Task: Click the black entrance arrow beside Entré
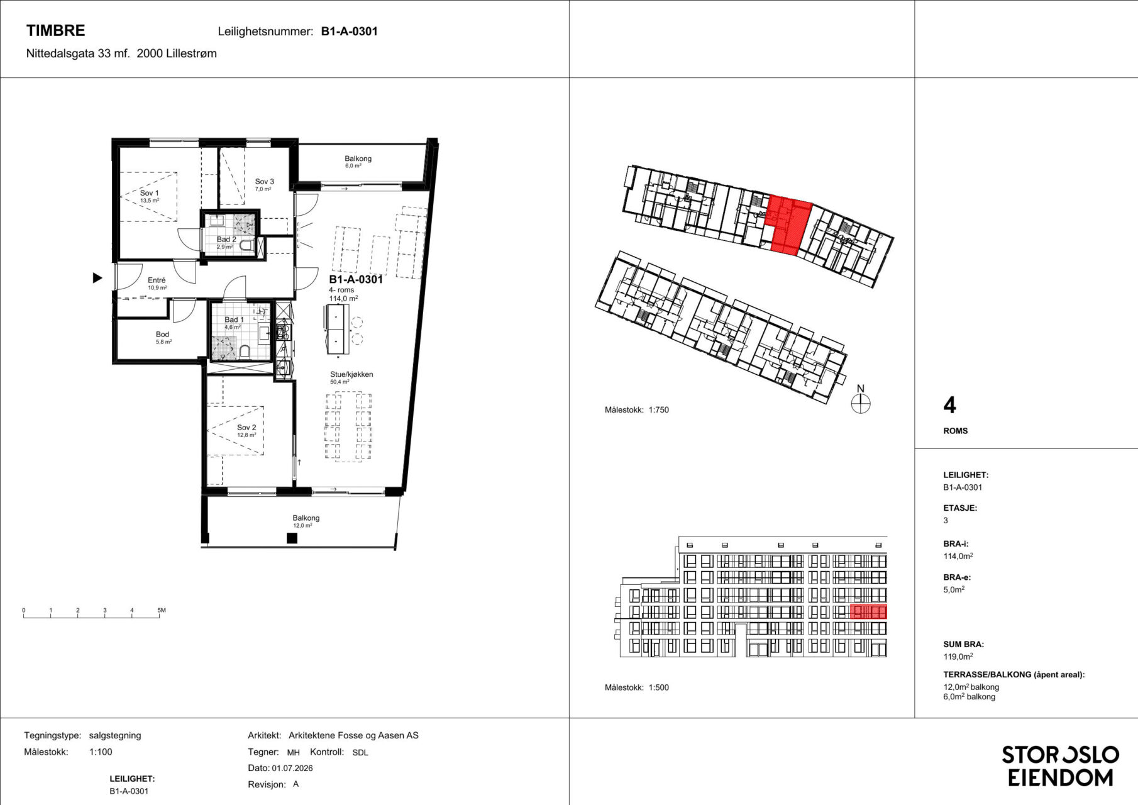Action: pyautogui.click(x=97, y=277)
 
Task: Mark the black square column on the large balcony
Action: pyautogui.click(x=292, y=538)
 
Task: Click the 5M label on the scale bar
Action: pyautogui.click(x=162, y=610)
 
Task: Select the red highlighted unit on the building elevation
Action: pyautogui.click(x=868, y=611)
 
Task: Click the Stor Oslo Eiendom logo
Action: pyautogui.click(x=1060, y=766)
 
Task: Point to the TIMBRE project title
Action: pyautogui.click(x=56, y=31)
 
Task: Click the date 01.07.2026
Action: pyautogui.click(x=292, y=768)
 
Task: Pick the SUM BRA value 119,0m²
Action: pyautogui.click(x=958, y=657)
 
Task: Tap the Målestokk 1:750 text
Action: pyautogui.click(x=637, y=409)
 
